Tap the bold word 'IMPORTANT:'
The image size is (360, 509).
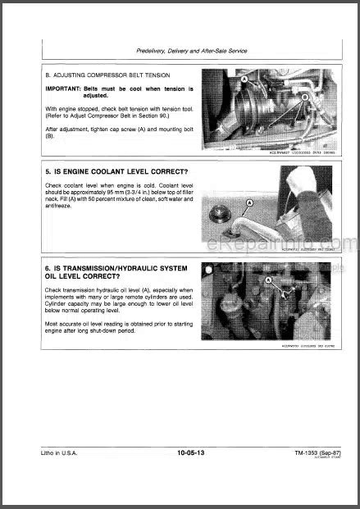click(x=57, y=88)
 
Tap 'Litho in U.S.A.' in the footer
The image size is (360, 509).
click(x=48, y=475)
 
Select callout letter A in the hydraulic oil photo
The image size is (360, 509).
click(x=267, y=280)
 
